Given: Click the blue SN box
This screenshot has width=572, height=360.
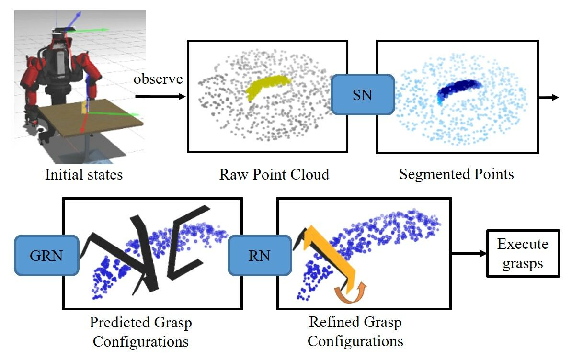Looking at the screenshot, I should coord(362,94).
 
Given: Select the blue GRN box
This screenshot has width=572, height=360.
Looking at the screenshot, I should coord(46,255).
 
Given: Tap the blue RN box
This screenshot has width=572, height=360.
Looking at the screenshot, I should coord(260,255).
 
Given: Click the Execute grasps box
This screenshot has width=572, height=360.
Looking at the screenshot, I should coord(523,253).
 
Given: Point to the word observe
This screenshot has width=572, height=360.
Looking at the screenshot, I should coord(158,79).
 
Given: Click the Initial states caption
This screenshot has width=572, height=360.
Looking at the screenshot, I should coord(84,174).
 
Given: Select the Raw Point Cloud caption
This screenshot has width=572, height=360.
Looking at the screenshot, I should coord(274,174).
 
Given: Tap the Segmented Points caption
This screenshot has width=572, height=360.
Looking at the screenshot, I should coord(456,174).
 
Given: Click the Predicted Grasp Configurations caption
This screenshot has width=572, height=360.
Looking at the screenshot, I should coord(141,332).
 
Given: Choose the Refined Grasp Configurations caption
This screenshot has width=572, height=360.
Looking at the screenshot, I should coord(355,332).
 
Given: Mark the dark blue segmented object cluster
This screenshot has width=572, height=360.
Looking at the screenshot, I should coord(458,88).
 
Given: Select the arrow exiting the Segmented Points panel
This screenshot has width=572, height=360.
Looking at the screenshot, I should coord(549,98).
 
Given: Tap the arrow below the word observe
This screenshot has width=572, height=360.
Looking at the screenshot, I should coord(160,97).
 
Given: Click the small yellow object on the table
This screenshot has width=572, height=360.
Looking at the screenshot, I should coord(84,107).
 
